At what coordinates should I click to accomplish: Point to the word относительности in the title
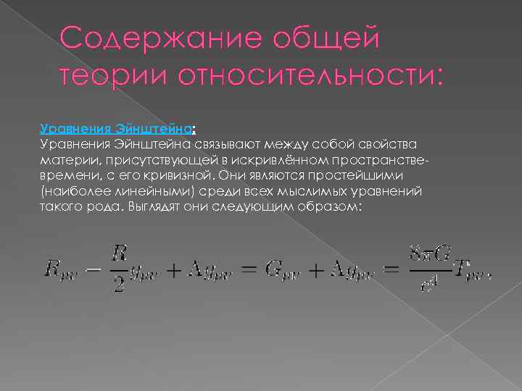(x=304, y=75)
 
